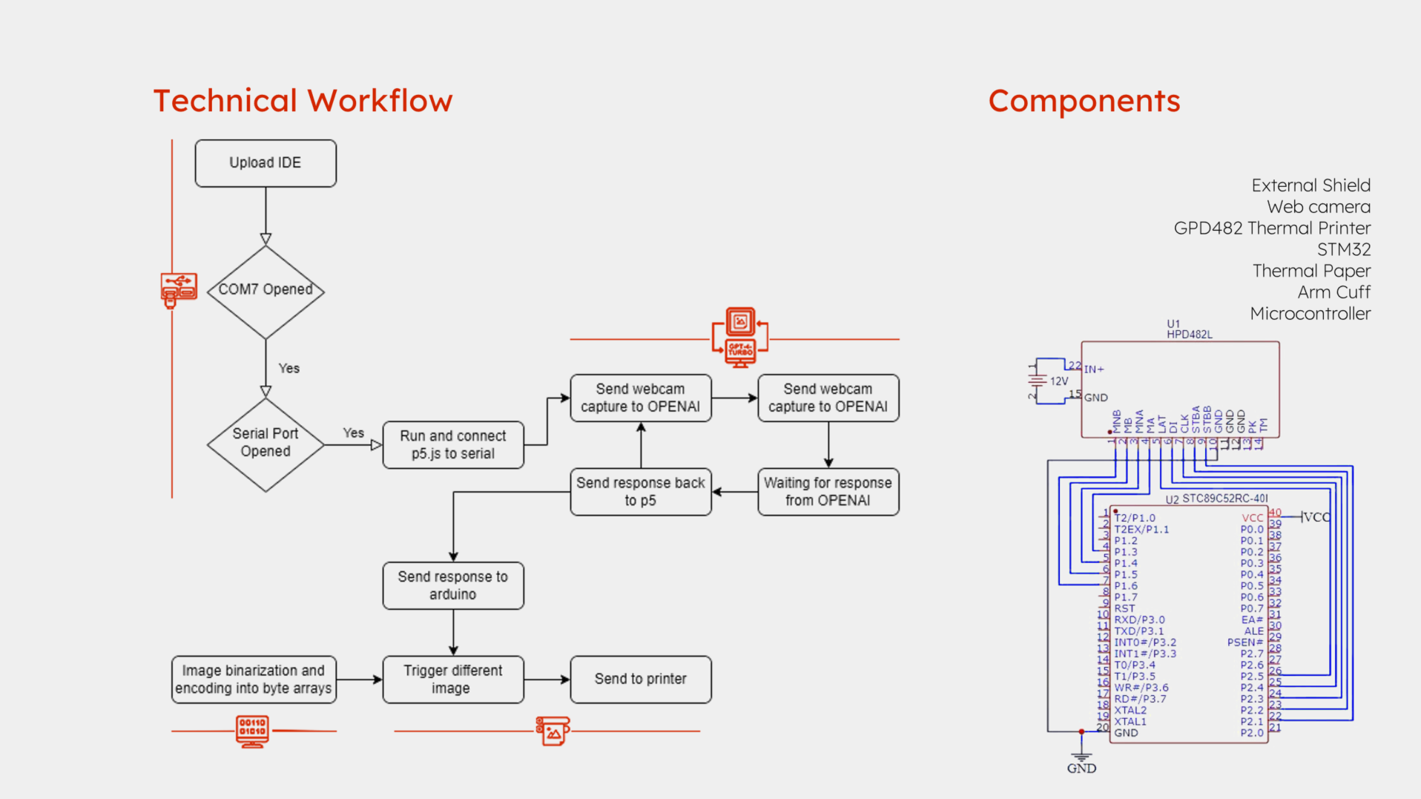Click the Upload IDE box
(266, 163)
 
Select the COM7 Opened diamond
(266, 290)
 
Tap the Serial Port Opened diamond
(266, 444)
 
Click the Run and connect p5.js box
(453, 444)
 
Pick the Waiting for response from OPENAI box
(828, 491)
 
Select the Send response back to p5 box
(640, 491)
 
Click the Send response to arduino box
(453, 585)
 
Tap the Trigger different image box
(453, 679)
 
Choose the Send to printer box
(640, 679)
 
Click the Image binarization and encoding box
(254, 679)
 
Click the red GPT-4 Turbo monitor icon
(740, 338)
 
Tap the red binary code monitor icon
(252, 731)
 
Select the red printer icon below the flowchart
(553, 731)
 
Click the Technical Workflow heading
(303, 101)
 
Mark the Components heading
(1084, 101)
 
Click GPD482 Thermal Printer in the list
(1272, 228)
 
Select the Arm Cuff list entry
(1333, 292)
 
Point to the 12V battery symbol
(1037, 381)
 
